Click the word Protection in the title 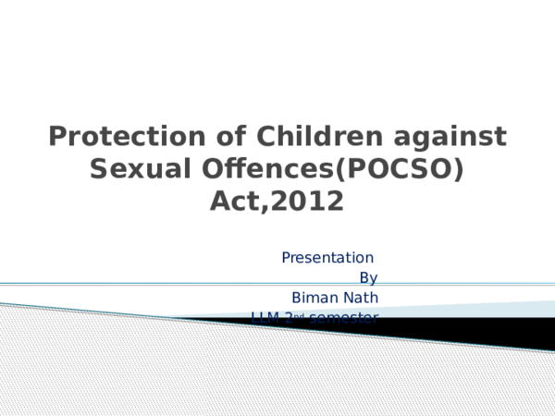(110, 138)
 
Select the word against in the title (448, 138)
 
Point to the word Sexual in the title (132, 169)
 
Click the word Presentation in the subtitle (327, 257)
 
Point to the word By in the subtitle (367, 277)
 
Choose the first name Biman (314, 298)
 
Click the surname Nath (361, 298)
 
